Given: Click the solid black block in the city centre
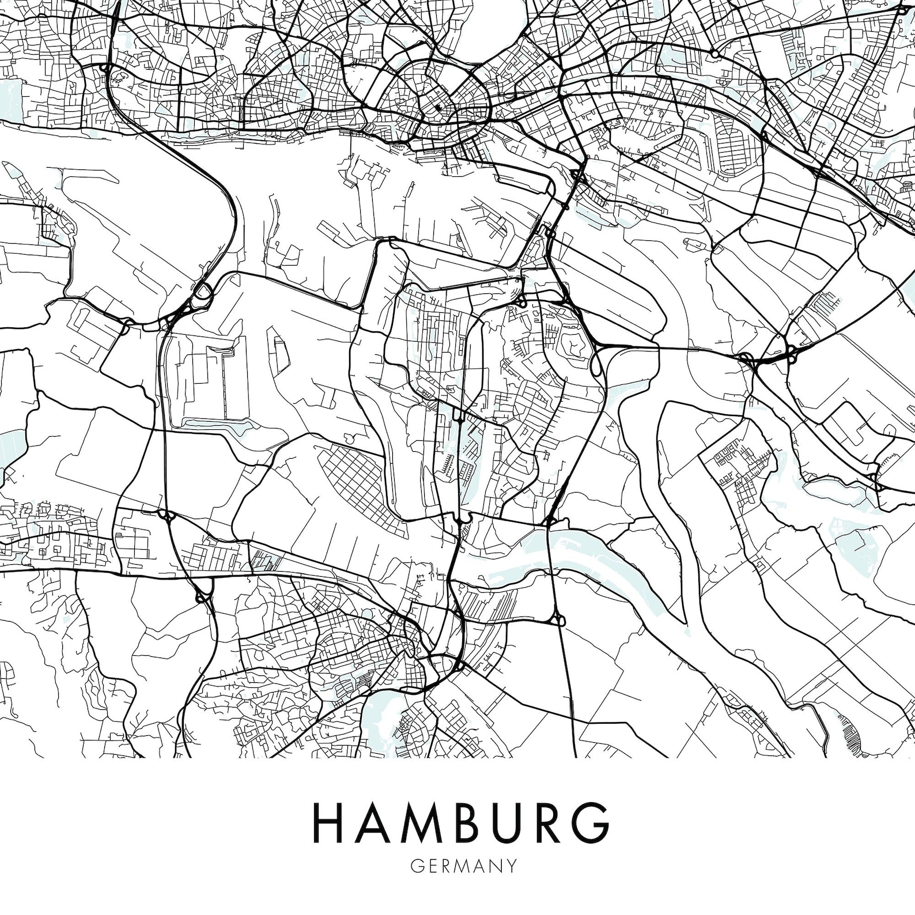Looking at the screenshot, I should [x=438, y=108].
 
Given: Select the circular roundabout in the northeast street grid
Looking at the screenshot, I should [x=714, y=53].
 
